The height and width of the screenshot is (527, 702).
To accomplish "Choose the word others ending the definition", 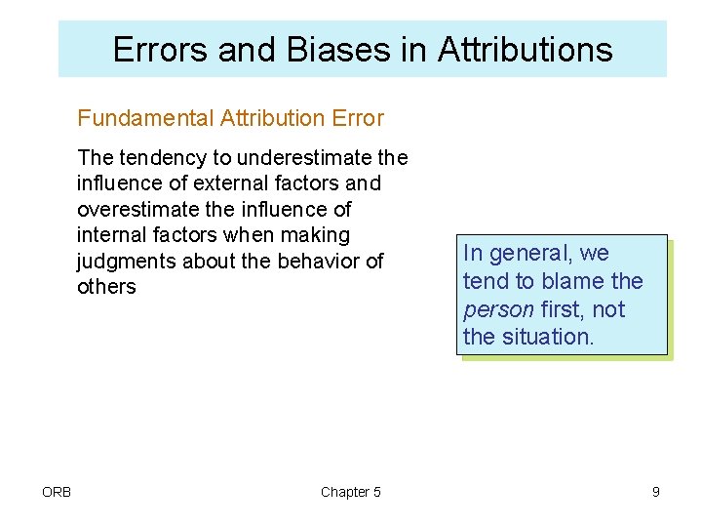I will [x=106, y=287].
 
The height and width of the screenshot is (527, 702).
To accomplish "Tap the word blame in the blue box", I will [x=574, y=282].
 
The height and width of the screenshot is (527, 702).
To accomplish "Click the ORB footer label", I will [x=57, y=492].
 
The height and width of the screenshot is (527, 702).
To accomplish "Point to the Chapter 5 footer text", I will [x=351, y=492].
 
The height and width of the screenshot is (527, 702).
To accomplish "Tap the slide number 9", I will [x=656, y=492].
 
